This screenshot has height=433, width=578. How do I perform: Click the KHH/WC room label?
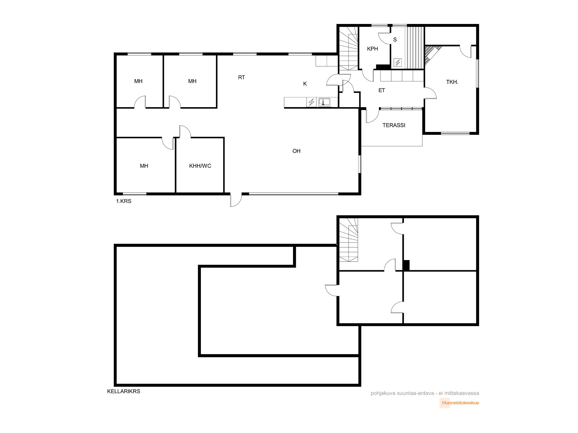[200, 166]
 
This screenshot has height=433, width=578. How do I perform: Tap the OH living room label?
[297, 151]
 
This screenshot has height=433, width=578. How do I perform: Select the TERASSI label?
[394, 125]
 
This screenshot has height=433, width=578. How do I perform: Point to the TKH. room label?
[452, 82]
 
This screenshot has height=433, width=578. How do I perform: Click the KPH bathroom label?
[373, 49]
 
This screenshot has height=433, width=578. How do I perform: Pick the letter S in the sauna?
[395, 40]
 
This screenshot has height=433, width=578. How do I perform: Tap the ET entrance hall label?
[382, 90]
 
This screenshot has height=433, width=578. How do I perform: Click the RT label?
[242, 77]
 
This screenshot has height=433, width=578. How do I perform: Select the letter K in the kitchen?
[305, 84]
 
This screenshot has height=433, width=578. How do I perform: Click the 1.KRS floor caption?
[124, 201]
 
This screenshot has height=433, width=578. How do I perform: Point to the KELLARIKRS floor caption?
[124, 391]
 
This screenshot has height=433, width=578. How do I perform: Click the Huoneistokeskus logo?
[459, 403]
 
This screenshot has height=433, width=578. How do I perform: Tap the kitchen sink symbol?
[324, 102]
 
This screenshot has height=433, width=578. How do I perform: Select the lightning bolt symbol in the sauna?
[398, 62]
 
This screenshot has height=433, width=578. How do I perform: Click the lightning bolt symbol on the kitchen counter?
[311, 102]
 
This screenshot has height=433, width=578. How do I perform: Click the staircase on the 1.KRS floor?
[348, 48]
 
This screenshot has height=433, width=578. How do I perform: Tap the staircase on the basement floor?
[349, 240]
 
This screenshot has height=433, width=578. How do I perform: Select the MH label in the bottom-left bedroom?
[144, 166]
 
